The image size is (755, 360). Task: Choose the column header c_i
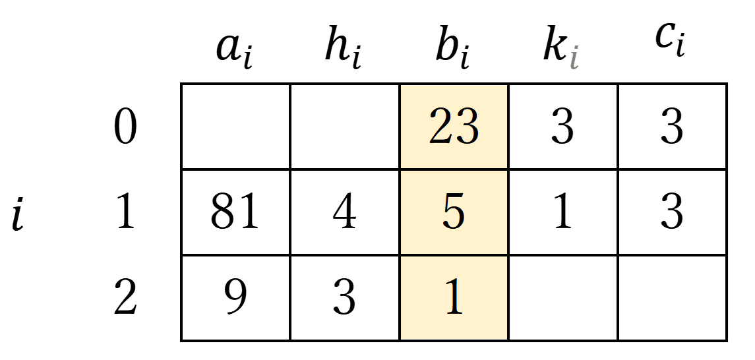pyautogui.click(x=670, y=42)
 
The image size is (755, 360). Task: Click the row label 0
pyautogui.click(x=125, y=129)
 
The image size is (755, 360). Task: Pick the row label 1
pyautogui.click(x=126, y=213)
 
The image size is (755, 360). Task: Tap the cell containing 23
pyautogui.click(x=454, y=127)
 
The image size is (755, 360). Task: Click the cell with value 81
pyautogui.click(x=235, y=212)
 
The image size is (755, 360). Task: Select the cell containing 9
pyautogui.click(x=235, y=298)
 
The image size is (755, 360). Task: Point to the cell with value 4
pyautogui.click(x=345, y=212)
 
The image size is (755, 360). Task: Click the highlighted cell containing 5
pyautogui.click(x=454, y=212)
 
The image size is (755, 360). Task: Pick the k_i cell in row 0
pyautogui.click(x=563, y=127)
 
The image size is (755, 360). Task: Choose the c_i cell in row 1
pyautogui.click(x=673, y=212)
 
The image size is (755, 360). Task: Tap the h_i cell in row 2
pyautogui.click(x=345, y=298)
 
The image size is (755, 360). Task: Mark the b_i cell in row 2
pyautogui.click(x=454, y=298)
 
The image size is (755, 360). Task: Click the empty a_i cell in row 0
pyautogui.click(x=235, y=127)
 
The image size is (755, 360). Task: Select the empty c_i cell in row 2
pyautogui.click(x=673, y=298)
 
